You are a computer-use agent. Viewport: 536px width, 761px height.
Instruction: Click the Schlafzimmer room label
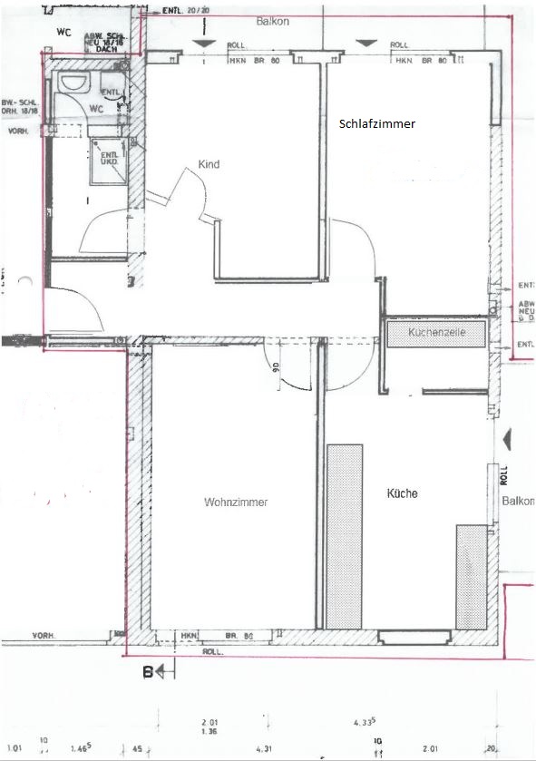377,124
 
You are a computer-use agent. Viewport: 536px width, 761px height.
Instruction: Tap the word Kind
210,165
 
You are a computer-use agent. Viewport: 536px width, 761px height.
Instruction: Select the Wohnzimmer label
236,502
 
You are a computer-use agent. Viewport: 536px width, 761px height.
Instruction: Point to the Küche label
402,494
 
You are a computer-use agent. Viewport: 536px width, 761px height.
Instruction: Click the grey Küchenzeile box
437,334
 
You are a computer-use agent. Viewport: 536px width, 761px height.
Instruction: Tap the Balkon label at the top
272,20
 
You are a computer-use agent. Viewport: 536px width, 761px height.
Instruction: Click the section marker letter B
146,672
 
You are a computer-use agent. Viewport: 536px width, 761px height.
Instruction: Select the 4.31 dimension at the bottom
264,748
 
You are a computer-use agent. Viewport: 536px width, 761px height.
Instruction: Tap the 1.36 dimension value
210,731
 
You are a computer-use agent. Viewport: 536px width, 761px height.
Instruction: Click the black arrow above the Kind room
206,43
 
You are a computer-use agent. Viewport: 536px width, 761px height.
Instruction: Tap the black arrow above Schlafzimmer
365,43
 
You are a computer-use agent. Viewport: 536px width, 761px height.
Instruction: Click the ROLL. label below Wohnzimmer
213,651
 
